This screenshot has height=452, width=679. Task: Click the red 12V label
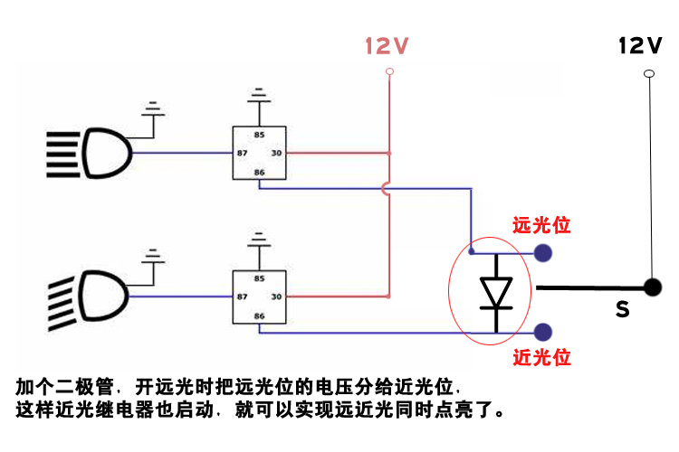pos(387,46)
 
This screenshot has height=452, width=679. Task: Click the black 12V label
pos(640,45)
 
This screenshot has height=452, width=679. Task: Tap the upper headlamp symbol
pos(91,154)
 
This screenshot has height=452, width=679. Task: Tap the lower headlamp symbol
pos(91,296)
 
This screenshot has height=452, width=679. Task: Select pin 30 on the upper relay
pos(276,154)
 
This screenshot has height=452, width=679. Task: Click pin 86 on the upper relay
pos(260,172)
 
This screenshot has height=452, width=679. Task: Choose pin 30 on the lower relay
pos(276,297)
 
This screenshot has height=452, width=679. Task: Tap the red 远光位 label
pos(541,225)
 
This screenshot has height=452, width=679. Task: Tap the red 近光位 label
pos(541,357)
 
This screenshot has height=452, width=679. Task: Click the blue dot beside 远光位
pos(542,252)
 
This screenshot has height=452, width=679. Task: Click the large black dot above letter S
pos(651,287)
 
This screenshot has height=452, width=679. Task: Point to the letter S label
pos(622,310)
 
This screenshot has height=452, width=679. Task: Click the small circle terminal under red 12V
pos(389,71)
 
